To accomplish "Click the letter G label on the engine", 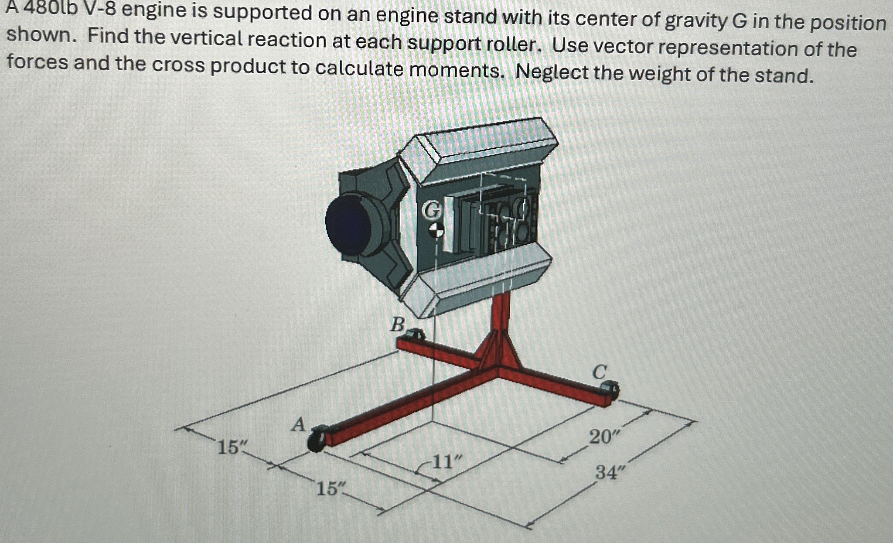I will [432, 211].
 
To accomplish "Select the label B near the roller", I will [397, 324].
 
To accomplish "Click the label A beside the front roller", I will [298, 424].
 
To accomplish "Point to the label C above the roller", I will [600, 372].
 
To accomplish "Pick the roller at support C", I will [609, 388].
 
